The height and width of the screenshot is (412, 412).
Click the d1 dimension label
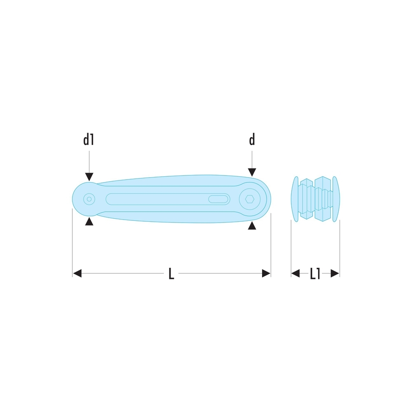(x=89, y=139)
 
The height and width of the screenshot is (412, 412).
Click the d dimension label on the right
(x=252, y=139)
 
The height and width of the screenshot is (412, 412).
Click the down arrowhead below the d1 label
(x=89, y=177)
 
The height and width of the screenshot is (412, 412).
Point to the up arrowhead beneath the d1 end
(x=89, y=221)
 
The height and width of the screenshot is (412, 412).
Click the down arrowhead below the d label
(x=252, y=172)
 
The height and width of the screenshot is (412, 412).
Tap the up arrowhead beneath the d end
(x=252, y=225)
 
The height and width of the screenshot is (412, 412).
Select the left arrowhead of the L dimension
(x=77, y=273)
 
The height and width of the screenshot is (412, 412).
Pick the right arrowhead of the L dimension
(x=266, y=273)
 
